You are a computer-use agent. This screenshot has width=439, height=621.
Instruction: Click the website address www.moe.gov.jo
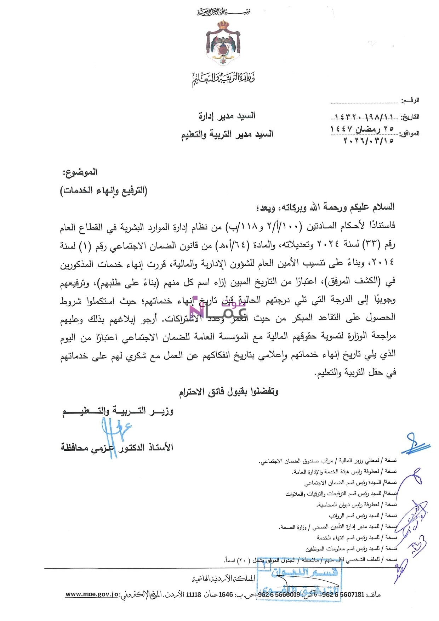click(91, 594)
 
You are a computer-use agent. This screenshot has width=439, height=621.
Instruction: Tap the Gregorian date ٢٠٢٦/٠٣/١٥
click(368, 141)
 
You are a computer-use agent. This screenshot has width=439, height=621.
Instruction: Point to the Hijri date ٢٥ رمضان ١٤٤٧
click(362, 129)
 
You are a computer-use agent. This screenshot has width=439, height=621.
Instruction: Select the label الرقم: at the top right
click(410, 101)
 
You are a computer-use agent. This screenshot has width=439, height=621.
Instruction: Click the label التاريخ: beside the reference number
click(410, 117)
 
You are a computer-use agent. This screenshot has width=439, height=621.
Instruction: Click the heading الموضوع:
click(80, 172)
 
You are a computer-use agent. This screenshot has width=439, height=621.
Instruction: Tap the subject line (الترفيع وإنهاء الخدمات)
click(103, 190)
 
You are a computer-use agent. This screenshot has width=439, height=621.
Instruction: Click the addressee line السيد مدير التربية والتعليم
click(227, 135)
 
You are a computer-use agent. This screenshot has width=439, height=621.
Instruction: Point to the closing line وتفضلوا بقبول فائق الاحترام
click(228, 392)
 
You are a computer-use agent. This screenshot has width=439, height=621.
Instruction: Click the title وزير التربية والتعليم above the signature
click(118, 411)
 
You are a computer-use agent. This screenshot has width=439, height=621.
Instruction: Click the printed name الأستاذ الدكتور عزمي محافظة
click(117, 448)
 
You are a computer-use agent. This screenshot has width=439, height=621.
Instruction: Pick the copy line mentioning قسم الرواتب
click(363, 515)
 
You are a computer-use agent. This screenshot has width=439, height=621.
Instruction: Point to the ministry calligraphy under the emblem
click(223, 79)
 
